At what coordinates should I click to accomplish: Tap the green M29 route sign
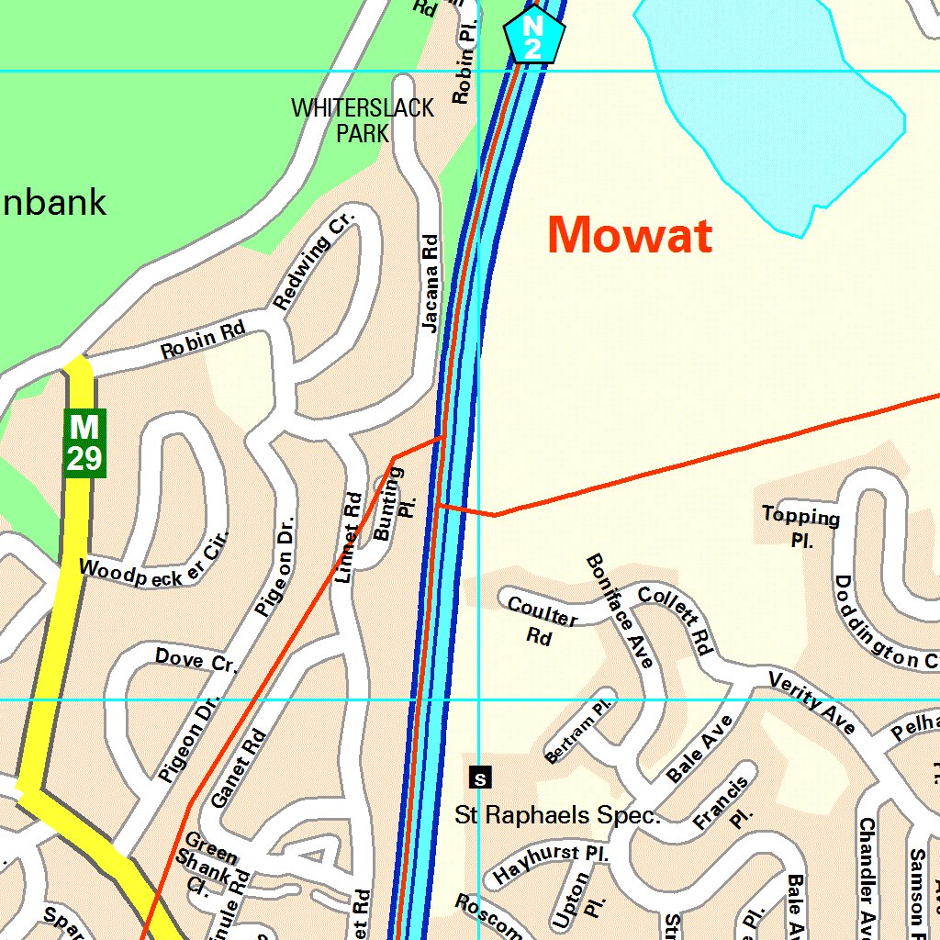click(x=84, y=442)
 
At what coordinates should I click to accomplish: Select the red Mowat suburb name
click(x=630, y=235)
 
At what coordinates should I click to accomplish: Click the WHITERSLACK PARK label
click(x=363, y=120)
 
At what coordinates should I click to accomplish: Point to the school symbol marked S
click(x=480, y=778)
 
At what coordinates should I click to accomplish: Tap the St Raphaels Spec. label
click(x=558, y=814)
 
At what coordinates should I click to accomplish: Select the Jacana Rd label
click(x=430, y=282)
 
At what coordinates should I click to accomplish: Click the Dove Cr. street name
click(x=196, y=660)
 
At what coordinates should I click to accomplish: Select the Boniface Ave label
click(x=621, y=610)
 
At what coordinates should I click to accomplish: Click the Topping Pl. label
click(x=801, y=527)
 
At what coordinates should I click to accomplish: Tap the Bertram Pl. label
click(x=578, y=733)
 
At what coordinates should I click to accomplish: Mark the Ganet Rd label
click(x=238, y=768)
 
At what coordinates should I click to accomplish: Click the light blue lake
click(x=771, y=101)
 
